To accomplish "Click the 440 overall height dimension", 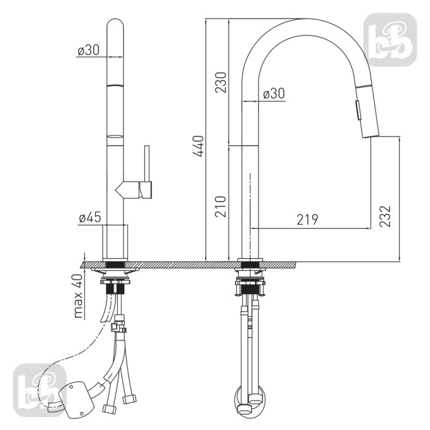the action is [198, 146].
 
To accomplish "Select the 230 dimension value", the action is [221, 82].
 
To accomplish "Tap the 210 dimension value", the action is [221, 206].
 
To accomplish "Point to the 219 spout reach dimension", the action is [307, 219].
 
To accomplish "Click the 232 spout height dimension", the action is [385, 216].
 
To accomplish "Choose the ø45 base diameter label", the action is [90, 217].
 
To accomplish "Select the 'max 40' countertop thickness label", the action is [78, 296].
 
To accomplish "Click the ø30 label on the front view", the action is [88, 50].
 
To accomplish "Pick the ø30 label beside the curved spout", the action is [274, 93].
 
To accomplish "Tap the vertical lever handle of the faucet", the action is [147, 164].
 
